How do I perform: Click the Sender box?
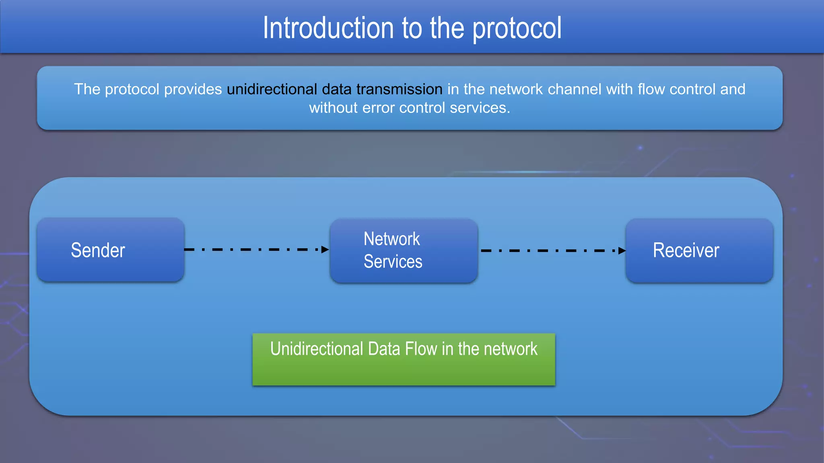click(x=110, y=250)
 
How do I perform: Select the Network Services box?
click(x=404, y=251)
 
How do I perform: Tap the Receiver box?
click(x=699, y=251)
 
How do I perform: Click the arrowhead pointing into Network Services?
click(x=325, y=250)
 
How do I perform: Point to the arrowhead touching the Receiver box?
click(x=622, y=251)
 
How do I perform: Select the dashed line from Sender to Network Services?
click(x=253, y=250)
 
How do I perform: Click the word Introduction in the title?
click(x=328, y=28)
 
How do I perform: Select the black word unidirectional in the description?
click(x=272, y=89)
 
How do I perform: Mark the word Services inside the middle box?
click(x=393, y=262)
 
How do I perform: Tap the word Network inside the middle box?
click(x=391, y=239)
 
